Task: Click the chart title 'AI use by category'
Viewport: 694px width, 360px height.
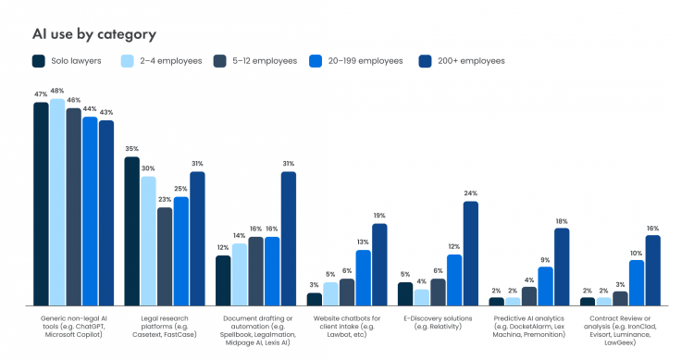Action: tap(94, 34)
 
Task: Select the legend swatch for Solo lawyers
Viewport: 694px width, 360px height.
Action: tap(39, 61)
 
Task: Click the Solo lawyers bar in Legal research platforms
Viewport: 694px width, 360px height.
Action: tap(132, 230)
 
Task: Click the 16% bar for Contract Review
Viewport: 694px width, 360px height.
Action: tap(652, 270)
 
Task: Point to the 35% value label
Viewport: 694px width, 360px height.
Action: tap(132, 148)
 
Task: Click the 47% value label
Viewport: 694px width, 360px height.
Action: tap(41, 94)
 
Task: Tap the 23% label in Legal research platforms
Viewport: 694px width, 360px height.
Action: tap(165, 200)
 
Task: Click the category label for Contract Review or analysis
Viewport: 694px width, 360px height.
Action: tap(620, 329)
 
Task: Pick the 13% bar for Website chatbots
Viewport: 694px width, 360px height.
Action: tap(363, 277)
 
